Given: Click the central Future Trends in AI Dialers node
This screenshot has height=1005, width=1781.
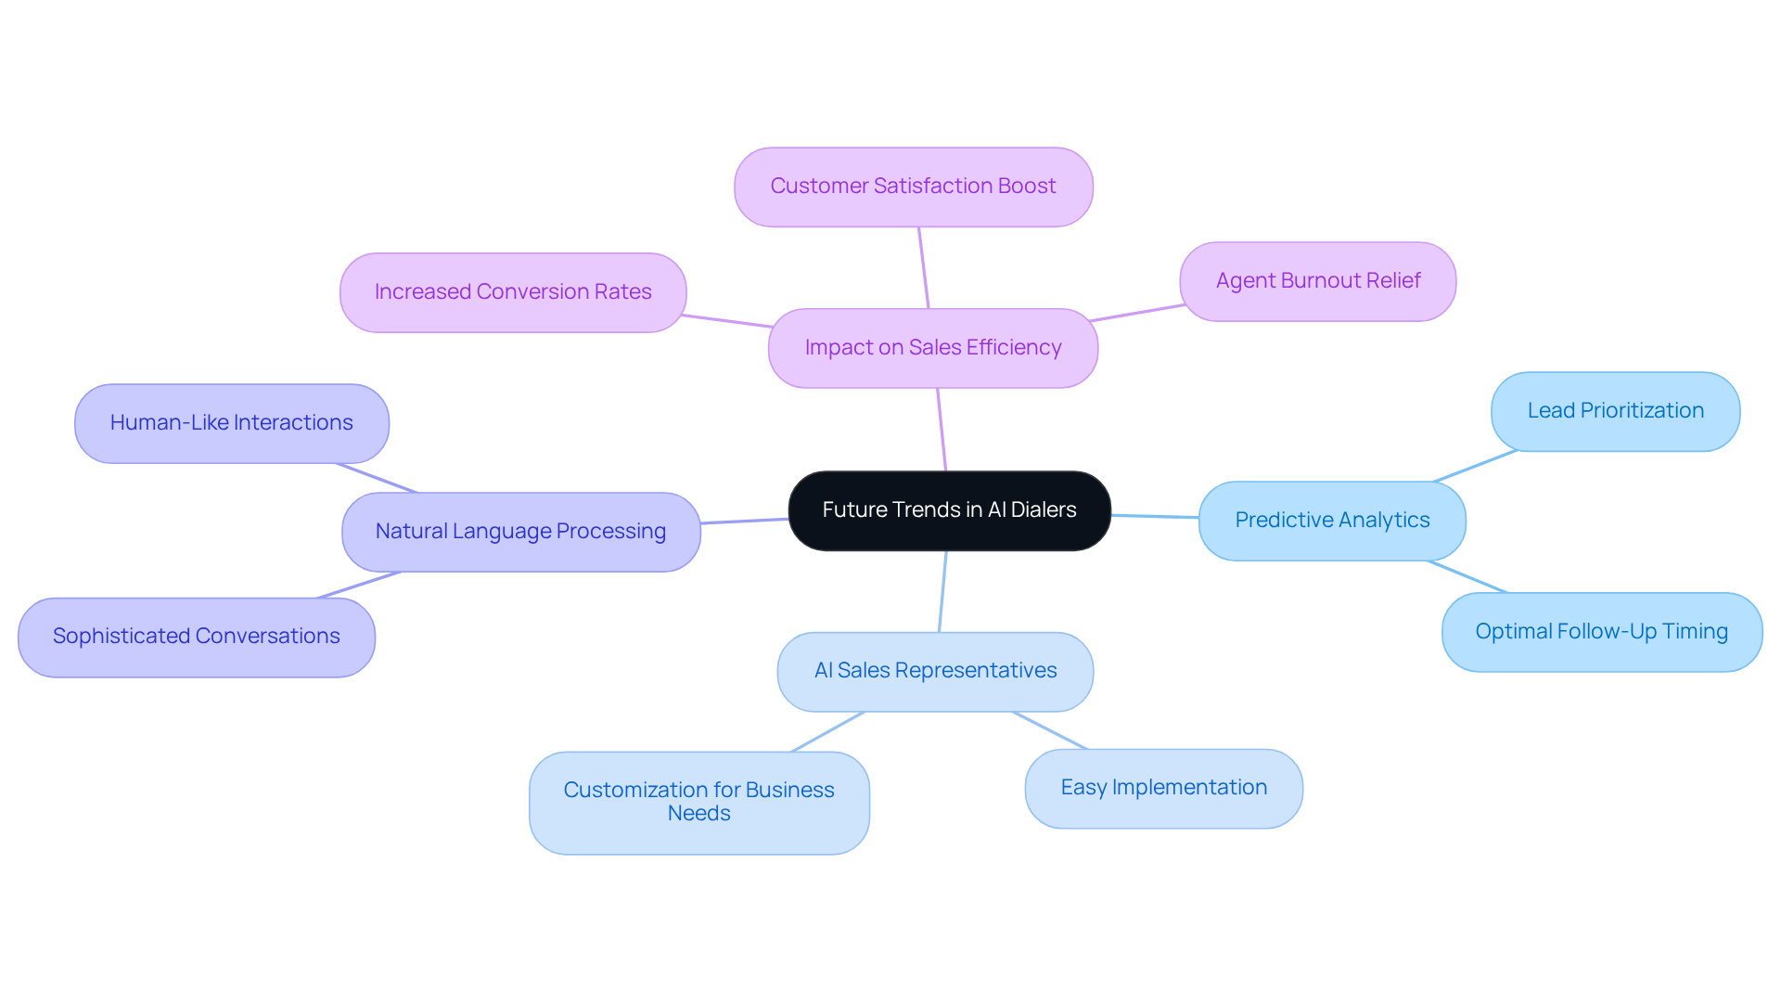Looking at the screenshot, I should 949,510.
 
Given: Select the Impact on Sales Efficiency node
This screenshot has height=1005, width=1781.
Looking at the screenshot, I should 933,348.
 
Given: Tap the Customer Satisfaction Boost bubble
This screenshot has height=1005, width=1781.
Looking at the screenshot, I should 913,187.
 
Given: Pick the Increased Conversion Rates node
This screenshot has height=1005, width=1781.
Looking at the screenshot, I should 513,292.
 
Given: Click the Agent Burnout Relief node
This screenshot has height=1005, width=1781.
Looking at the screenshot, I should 1317,281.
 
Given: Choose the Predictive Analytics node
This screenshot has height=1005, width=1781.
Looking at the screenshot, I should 1332,521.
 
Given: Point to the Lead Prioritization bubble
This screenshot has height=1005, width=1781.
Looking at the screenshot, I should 1615,411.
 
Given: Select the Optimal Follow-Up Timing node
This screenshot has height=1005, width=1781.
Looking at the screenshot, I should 1601,632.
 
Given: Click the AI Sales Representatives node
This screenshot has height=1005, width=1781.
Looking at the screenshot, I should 935,671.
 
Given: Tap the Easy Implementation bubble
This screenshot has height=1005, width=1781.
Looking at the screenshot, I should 1163,788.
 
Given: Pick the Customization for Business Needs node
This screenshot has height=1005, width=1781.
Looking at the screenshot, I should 698,802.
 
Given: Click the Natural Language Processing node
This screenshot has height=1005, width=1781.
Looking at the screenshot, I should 520,532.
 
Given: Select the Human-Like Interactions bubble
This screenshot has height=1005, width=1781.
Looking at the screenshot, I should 231,423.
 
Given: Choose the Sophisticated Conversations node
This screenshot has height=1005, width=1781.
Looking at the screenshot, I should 196,637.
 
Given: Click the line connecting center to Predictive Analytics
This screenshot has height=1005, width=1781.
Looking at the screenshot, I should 1155,516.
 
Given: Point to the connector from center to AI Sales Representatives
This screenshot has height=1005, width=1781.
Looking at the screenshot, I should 942,592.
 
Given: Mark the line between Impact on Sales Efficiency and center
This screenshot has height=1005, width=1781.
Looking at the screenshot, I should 942,430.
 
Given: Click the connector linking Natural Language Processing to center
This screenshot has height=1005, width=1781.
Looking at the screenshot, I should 745,521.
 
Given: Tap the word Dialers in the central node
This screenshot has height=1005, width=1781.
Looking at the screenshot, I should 1044,510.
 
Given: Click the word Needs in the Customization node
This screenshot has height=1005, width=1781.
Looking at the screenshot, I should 698,814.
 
